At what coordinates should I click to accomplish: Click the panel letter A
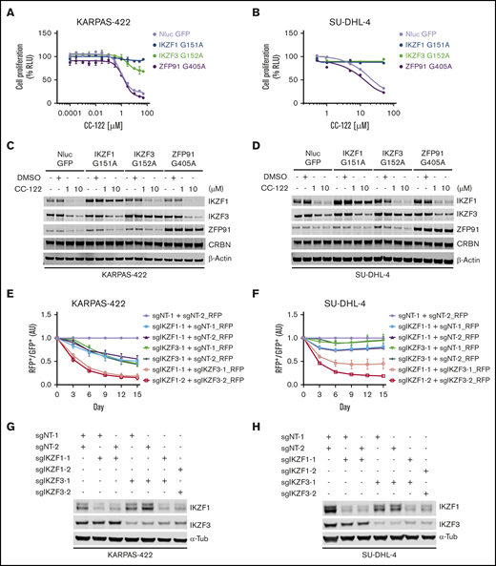click(8, 9)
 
